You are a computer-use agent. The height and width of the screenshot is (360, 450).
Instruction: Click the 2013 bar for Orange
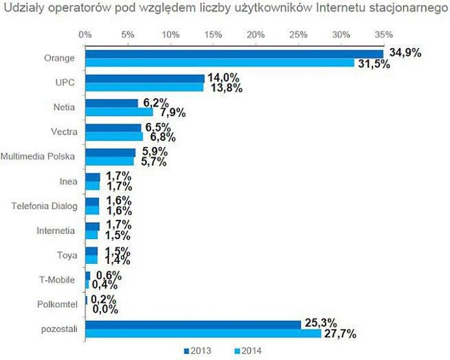(x=234, y=54)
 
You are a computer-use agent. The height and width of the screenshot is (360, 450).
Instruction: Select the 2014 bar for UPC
(x=144, y=88)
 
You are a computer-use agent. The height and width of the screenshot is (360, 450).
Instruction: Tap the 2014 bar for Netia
(x=119, y=112)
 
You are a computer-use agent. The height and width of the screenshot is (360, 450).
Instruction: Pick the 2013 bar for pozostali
(x=193, y=324)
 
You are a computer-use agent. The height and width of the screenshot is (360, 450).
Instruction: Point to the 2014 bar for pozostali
(x=203, y=333)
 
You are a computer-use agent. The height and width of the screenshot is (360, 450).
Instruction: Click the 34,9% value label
(x=405, y=53)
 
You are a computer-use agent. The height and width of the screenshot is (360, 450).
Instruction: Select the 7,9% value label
(x=172, y=113)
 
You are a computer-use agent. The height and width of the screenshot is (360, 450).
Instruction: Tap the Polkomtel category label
(x=60, y=304)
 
